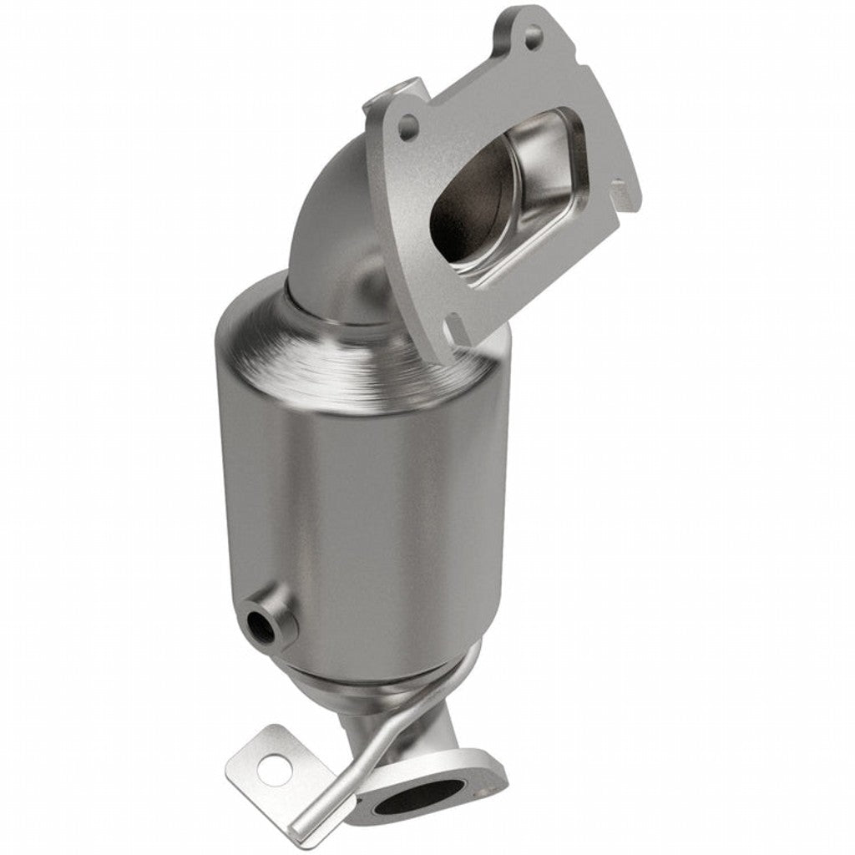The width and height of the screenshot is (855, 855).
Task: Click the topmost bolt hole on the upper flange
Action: coord(532,35)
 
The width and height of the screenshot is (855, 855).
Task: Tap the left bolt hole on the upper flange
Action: coord(407,128)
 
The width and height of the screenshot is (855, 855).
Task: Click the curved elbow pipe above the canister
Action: coord(330,225)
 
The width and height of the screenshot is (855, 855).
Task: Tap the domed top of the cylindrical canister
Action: coord(351,342)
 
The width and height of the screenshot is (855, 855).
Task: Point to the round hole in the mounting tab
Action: coord(274,768)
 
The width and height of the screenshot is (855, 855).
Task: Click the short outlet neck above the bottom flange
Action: coord(443,735)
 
